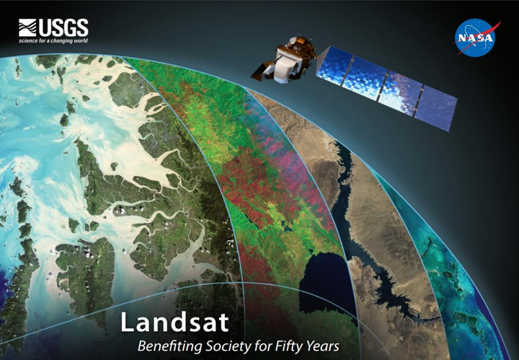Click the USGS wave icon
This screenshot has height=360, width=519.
[x=27, y=28]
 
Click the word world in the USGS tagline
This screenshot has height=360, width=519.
[x=79, y=41]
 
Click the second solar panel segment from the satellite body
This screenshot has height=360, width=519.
[x=368, y=75]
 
